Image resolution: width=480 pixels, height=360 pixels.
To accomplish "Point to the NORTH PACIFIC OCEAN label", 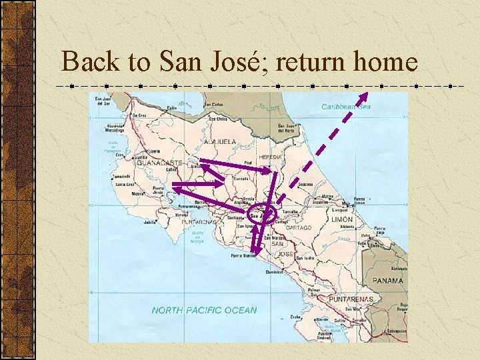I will click(203, 310).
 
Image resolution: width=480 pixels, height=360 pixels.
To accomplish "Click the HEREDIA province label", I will click(270, 157).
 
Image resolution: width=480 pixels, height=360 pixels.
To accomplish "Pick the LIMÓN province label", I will click(342, 219).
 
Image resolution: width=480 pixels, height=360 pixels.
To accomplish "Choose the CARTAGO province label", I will click(297, 228).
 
